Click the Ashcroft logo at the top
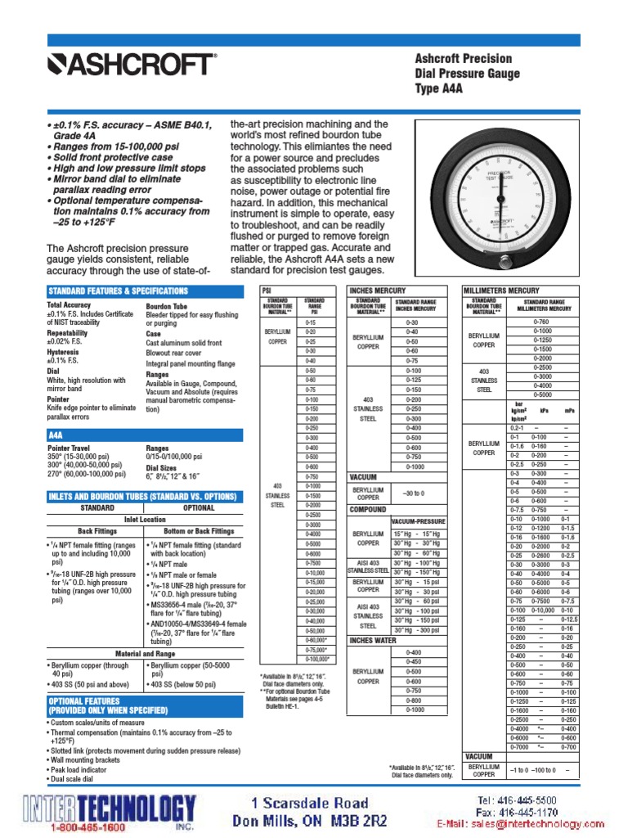coord(132,64)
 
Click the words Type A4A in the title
coord(439,88)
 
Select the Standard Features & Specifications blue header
coord(119,291)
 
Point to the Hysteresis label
coord(65,351)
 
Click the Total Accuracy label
coord(70,305)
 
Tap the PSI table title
coord(267,291)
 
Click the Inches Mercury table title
coord(379,291)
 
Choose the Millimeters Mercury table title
coord(501,291)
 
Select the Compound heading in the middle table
coord(369,509)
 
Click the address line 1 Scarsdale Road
coord(310,803)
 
